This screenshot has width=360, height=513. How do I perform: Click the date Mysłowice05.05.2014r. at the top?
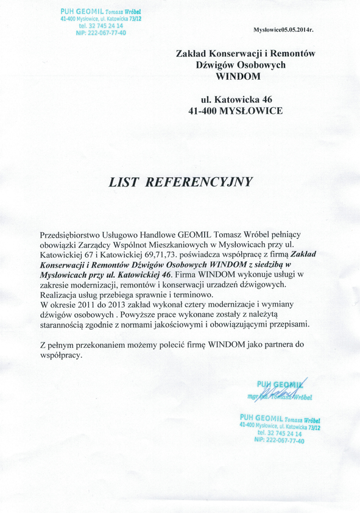tap(291, 29)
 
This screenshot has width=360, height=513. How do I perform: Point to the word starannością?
tap(67, 324)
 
